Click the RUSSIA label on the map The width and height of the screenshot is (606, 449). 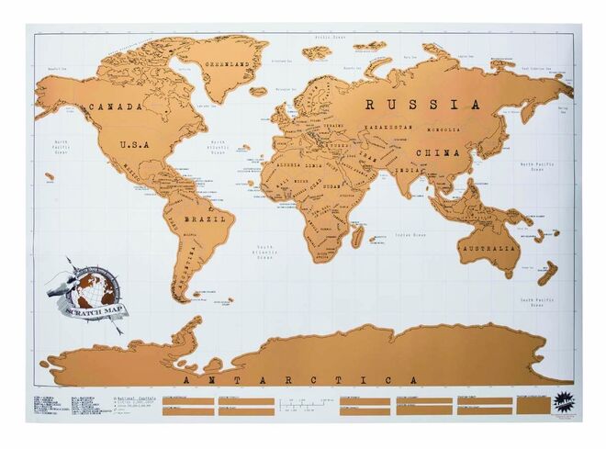point(421,104)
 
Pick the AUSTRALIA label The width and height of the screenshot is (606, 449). point(488,249)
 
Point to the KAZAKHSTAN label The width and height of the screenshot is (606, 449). point(387,128)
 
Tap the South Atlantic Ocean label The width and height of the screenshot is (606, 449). point(266,251)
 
